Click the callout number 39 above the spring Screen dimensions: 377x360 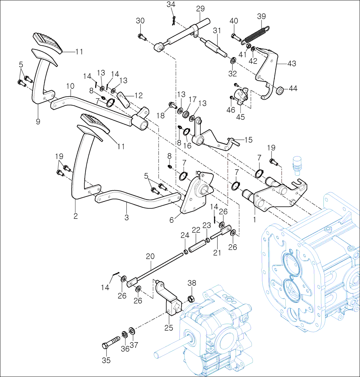click(x=262, y=17)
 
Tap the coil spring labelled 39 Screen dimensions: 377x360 click(x=256, y=35)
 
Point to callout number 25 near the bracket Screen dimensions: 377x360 click(x=168, y=328)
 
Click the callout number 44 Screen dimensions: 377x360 click(x=293, y=89)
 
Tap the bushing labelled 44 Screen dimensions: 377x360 click(x=280, y=91)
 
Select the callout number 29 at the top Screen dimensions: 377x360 click(x=200, y=8)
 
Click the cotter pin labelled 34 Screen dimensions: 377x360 click(x=174, y=21)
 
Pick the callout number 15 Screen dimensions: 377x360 click(x=248, y=140)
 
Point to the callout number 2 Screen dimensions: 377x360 click(x=75, y=217)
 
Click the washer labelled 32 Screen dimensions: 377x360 click(x=233, y=61)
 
